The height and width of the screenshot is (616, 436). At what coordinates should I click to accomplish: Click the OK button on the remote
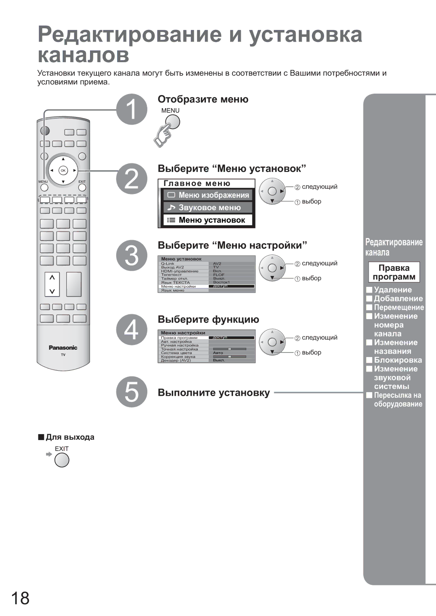coord(63,171)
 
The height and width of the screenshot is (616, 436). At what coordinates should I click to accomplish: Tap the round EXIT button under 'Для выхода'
coord(62,460)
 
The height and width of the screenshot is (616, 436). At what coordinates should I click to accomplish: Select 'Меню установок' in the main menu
coord(208,220)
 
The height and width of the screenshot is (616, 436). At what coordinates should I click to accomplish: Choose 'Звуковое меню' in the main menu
coord(208,208)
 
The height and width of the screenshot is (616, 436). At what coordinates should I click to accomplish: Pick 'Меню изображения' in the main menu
coord(208,195)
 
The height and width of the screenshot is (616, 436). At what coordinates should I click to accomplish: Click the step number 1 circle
coord(132,109)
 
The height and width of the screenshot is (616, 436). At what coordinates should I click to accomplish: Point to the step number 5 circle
coord(132,392)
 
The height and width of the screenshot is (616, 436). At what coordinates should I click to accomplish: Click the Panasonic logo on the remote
coord(63,348)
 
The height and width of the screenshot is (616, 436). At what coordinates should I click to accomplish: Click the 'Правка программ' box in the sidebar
coord(394,272)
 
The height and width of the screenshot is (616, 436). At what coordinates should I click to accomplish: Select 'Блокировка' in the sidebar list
coord(398,360)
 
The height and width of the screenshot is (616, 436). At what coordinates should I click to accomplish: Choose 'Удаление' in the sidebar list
coord(393,290)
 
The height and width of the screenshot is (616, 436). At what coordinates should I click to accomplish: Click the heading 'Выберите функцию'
coord(208,319)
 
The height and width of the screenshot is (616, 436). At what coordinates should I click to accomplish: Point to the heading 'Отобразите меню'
coord(203,99)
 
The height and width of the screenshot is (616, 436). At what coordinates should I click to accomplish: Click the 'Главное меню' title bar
coord(206,184)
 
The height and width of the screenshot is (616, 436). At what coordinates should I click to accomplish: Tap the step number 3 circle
coord(132,255)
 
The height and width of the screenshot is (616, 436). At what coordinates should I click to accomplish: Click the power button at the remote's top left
coord(45,131)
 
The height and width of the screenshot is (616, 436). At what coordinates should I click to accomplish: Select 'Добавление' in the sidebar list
coord(398,299)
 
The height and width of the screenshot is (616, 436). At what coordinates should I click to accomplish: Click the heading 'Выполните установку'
coord(214,393)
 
